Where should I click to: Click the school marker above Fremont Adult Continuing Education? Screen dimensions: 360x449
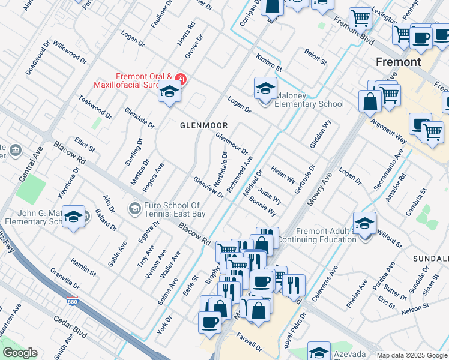(364, 224)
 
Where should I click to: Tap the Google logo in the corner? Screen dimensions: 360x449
(20, 353)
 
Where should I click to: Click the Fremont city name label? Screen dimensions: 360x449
(398, 62)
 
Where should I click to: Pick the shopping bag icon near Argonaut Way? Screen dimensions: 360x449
(370, 102)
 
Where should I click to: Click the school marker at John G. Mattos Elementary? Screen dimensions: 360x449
(74, 218)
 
